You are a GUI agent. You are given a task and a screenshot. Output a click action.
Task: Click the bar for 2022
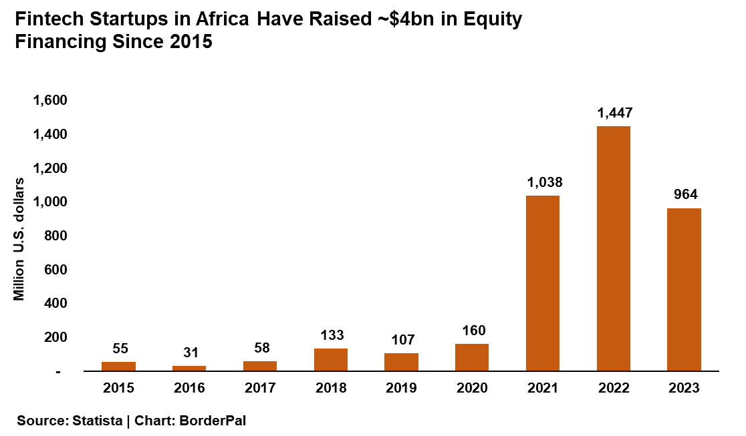click(613, 248)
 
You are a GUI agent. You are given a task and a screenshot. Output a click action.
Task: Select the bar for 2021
click(542, 283)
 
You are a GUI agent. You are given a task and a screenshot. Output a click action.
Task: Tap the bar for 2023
click(684, 289)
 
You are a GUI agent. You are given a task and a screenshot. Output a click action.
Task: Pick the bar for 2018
click(330, 359)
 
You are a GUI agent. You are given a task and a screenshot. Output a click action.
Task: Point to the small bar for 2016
click(189, 368)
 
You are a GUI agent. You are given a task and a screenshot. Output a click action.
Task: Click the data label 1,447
click(614, 113)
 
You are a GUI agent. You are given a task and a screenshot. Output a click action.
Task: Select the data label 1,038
click(543, 182)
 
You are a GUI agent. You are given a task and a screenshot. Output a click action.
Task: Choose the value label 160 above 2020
click(472, 330)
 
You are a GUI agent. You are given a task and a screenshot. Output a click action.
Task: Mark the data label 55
click(119, 348)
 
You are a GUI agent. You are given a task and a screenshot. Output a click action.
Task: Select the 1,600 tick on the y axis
click(51, 100)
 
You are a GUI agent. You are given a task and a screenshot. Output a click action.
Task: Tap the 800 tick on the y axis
click(57, 236)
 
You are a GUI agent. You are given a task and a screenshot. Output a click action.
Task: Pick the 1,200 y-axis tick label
click(51, 168)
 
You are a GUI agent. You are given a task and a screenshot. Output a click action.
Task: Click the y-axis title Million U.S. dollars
click(19, 238)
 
